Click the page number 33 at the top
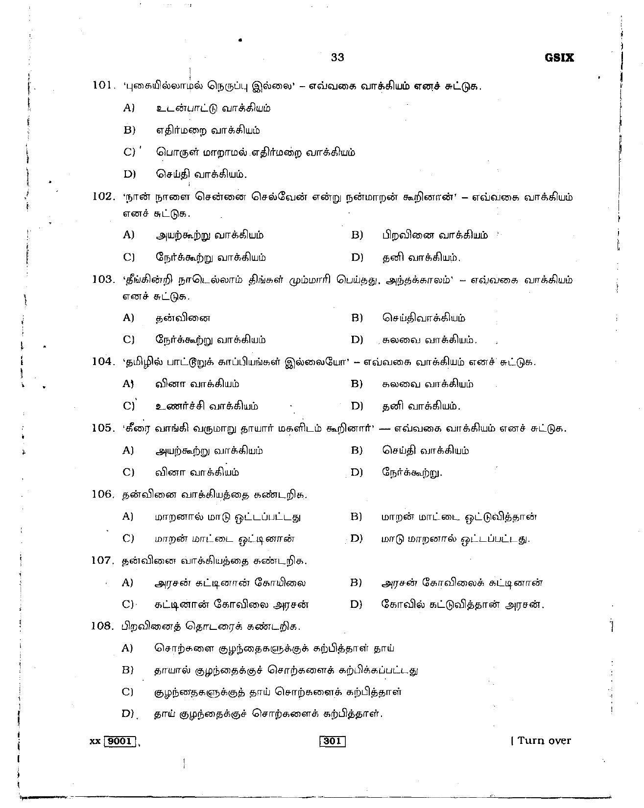click(x=337, y=58)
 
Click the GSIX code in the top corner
click(x=558, y=58)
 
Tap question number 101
click(x=102, y=86)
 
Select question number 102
click(x=102, y=197)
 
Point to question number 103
click(x=102, y=279)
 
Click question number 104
click(x=102, y=362)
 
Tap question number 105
click(x=102, y=428)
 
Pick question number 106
click(x=102, y=494)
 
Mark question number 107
click(x=102, y=560)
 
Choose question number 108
click(x=102, y=626)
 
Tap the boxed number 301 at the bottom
click(x=333, y=741)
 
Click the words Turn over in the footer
click(x=544, y=740)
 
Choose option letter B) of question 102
click(x=357, y=235)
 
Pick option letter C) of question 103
click(x=129, y=340)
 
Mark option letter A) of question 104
click(x=128, y=384)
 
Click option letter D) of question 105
click(x=357, y=472)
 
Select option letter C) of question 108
click(x=128, y=692)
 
